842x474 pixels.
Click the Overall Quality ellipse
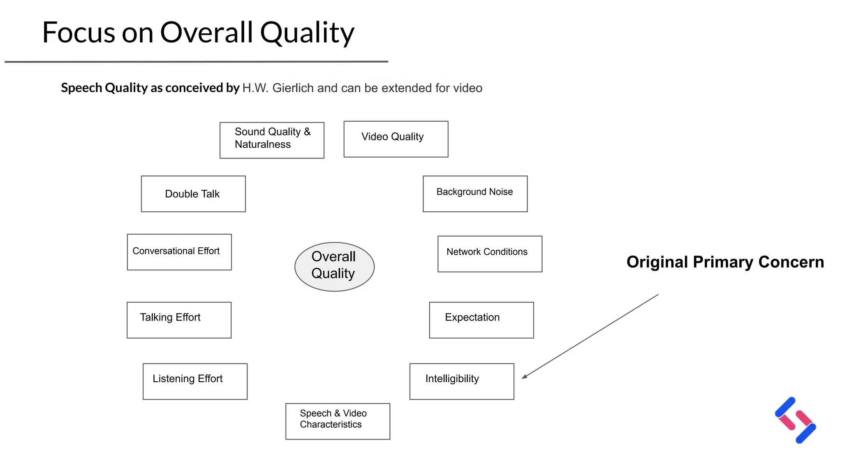tap(334, 267)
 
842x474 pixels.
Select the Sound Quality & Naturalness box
tap(272, 140)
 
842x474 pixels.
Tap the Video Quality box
tap(396, 139)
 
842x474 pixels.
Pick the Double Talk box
tap(193, 194)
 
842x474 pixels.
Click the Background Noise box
tap(475, 194)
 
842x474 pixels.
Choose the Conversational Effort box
tap(179, 252)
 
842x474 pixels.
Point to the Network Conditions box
tap(490, 253)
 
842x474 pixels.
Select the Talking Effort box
tap(179, 320)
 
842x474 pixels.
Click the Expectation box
tap(481, 320)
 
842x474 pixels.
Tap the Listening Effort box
tap(195, 381)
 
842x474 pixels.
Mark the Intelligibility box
tap(461, 381)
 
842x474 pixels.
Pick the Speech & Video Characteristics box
tap(338, 421)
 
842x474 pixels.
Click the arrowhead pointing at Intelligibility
tap(525, 376)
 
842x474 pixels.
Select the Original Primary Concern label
tap(725, 262)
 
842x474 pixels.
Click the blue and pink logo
tap(795, 420)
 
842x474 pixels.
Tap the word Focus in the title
tap(78, 33)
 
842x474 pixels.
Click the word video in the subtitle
tap(467, 88)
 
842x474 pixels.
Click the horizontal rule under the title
tap(196, 62)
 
